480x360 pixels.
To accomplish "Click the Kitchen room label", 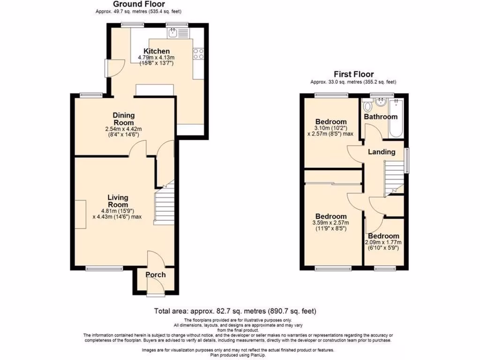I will pyautogui.click(x=156, y=51).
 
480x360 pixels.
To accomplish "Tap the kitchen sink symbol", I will pyautogui.click(x=173, y=32).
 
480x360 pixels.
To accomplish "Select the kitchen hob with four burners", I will pyautogui.click(x=198, y=53).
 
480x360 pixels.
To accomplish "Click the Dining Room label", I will pyautogui.click(x=124, y=119).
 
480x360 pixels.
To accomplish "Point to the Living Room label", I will pyautogui.click(x=118, y=201).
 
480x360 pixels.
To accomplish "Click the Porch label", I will pyautogui.click(x=155, y=274).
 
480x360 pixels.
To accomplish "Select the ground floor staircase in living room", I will pyautogui.click(x=164, y=205).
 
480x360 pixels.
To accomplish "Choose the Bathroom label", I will pyautogui.click(x=381, y=117).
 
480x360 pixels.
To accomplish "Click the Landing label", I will pyautogui.click(x=381, y=152).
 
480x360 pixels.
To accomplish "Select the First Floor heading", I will pyautogui.click(x=353, y=74).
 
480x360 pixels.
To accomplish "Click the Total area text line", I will pyautogui.click(x=235, y=311).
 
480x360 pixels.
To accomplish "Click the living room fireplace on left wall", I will pyautogui.click(x=80, y=214).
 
